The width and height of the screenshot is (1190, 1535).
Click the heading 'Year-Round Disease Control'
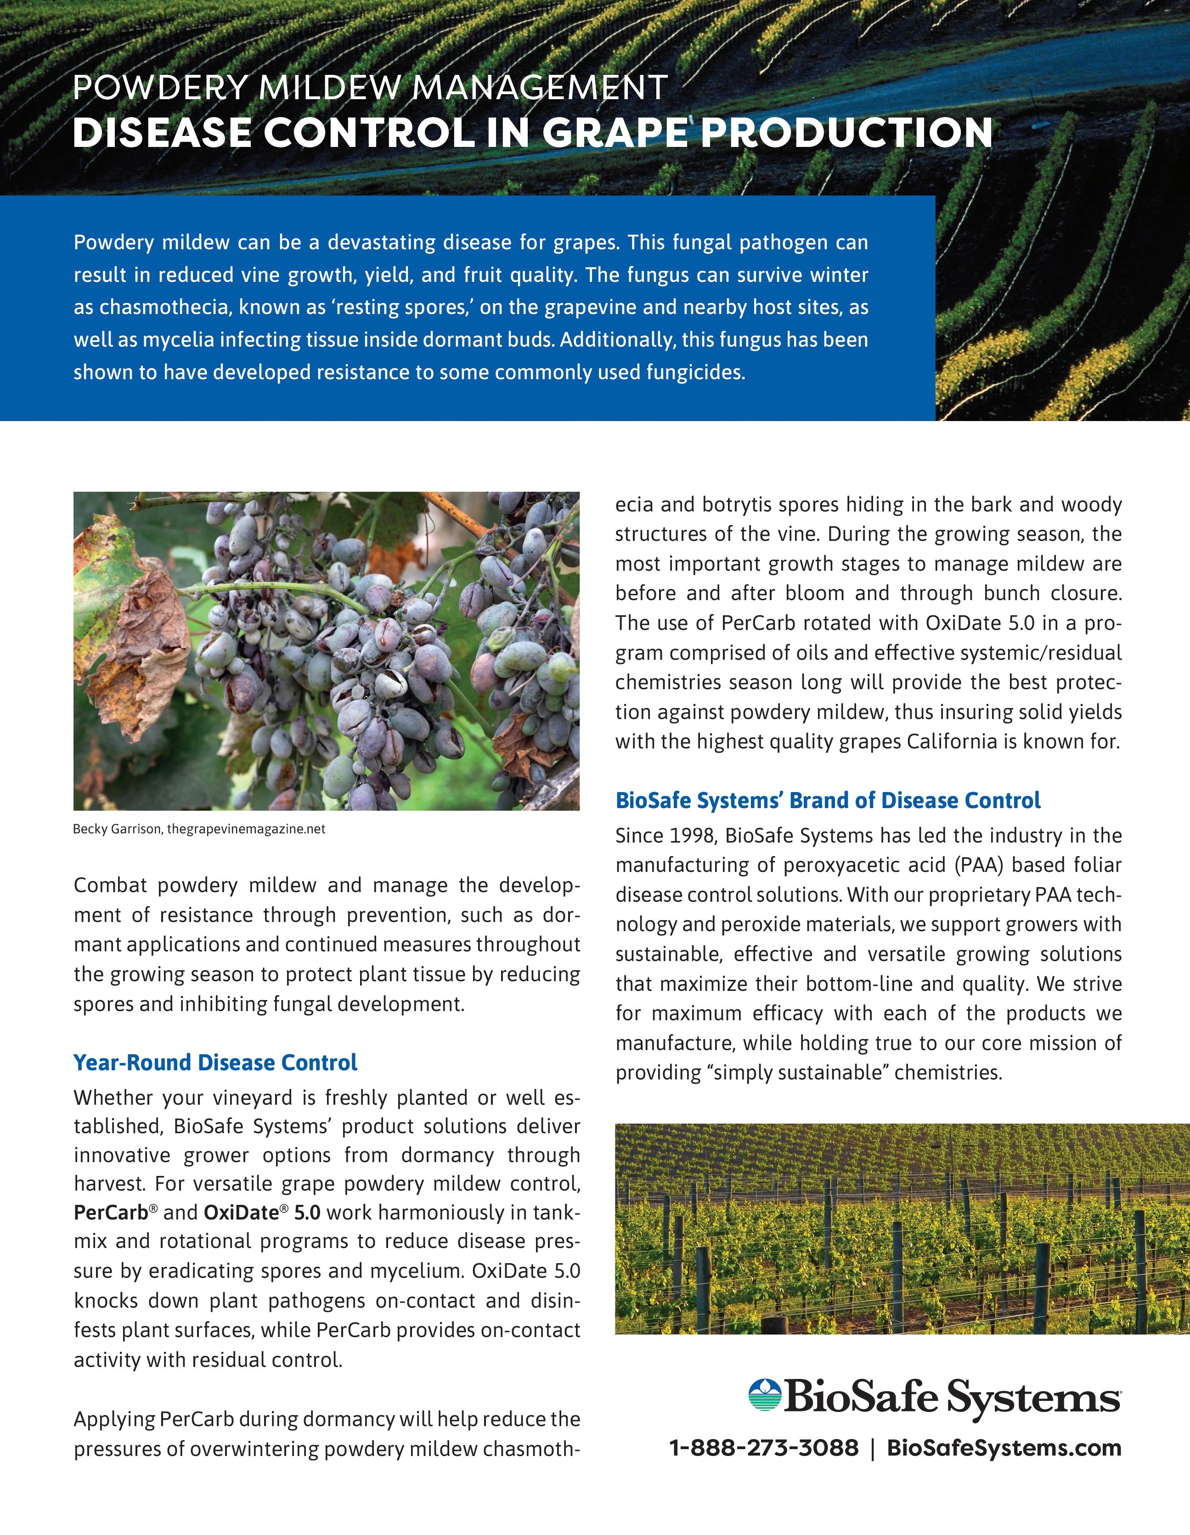click(215, 1062)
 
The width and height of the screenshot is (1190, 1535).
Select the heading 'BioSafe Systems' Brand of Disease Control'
click(827, 800)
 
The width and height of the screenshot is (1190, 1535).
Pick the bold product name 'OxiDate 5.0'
click(261, 1212)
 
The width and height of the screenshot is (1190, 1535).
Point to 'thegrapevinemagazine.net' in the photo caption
click(246, 829)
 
